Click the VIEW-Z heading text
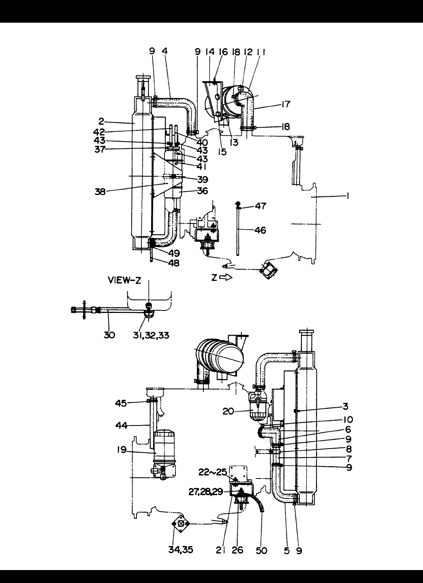tap(124, 280)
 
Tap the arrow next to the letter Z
tap(226, 278)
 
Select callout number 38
tap(100, 192)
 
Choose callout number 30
tap(109, 335)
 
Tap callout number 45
tap(121, 403)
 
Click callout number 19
tap(122, 449)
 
